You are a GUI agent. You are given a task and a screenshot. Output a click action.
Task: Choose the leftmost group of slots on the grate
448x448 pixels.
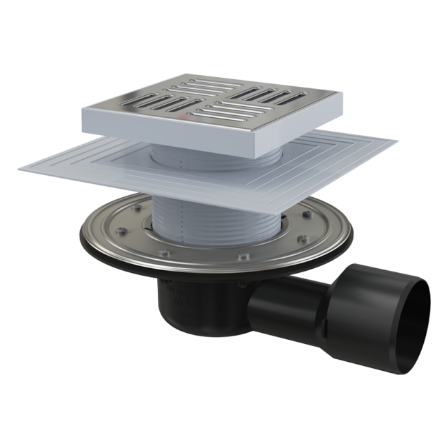[x=145, y=103]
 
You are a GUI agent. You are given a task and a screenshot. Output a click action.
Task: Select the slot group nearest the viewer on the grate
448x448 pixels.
[x=227, y=114]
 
